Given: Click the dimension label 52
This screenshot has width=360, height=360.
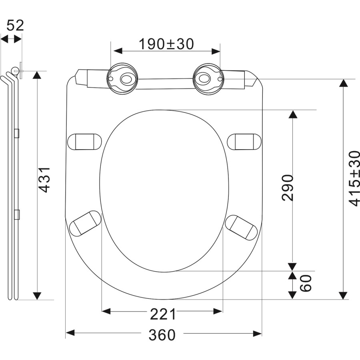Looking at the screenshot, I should coord(16,25).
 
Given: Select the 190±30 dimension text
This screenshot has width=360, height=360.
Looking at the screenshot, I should coord(166,44).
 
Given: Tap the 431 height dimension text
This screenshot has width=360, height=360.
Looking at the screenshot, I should coord(45,180).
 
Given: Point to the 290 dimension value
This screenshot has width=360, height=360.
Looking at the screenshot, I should coord(288,187).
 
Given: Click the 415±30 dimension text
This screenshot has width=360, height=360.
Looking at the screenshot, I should coord(354,178).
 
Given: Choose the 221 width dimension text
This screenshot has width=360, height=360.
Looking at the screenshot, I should coord(163,315).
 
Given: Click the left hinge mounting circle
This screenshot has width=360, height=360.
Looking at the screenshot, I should coord(123,78).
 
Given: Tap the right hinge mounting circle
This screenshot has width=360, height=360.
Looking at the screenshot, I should coord(207,78).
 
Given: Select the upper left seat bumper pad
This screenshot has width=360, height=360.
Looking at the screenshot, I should coord(84,141).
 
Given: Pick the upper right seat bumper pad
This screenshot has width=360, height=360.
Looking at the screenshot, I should coord(244,141).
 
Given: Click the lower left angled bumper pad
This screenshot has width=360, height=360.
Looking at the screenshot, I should coord(85,223).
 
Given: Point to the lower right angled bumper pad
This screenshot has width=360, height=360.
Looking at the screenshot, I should coord(241,227).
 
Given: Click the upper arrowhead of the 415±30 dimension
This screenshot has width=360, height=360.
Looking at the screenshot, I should coord(343,83).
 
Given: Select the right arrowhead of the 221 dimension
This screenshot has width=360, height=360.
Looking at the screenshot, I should coord(218,311).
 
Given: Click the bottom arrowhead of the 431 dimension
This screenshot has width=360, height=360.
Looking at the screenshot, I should coord(37,296).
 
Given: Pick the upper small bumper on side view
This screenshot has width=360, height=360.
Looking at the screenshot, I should coord(17,133).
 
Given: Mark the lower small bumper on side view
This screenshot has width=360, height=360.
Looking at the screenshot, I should coord(17,214).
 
